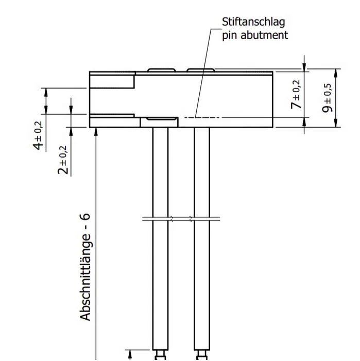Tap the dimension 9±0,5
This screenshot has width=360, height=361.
326,98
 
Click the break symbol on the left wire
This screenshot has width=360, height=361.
160,218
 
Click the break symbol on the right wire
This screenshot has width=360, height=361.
201,218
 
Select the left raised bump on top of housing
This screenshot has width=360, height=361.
161,70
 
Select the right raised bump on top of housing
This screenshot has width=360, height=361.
200,70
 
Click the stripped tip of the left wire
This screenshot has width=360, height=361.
160,355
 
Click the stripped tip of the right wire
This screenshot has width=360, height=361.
201,355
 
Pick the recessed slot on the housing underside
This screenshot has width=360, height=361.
159,119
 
